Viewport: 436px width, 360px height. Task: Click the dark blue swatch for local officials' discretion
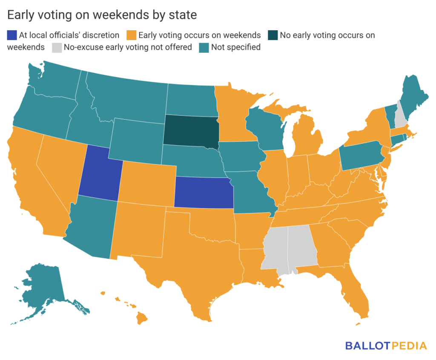tap(11, 35)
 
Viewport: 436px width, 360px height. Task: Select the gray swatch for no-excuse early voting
tap(57, 47)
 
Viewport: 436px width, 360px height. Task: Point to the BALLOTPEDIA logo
tap(386, 345)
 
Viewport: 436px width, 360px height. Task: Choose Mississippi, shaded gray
tap(275, 249)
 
